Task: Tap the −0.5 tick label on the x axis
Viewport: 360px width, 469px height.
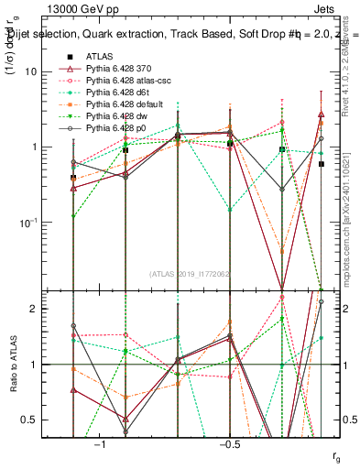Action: click(x=230, y=444)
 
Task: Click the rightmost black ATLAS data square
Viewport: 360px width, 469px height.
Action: click(x=322, y=164)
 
